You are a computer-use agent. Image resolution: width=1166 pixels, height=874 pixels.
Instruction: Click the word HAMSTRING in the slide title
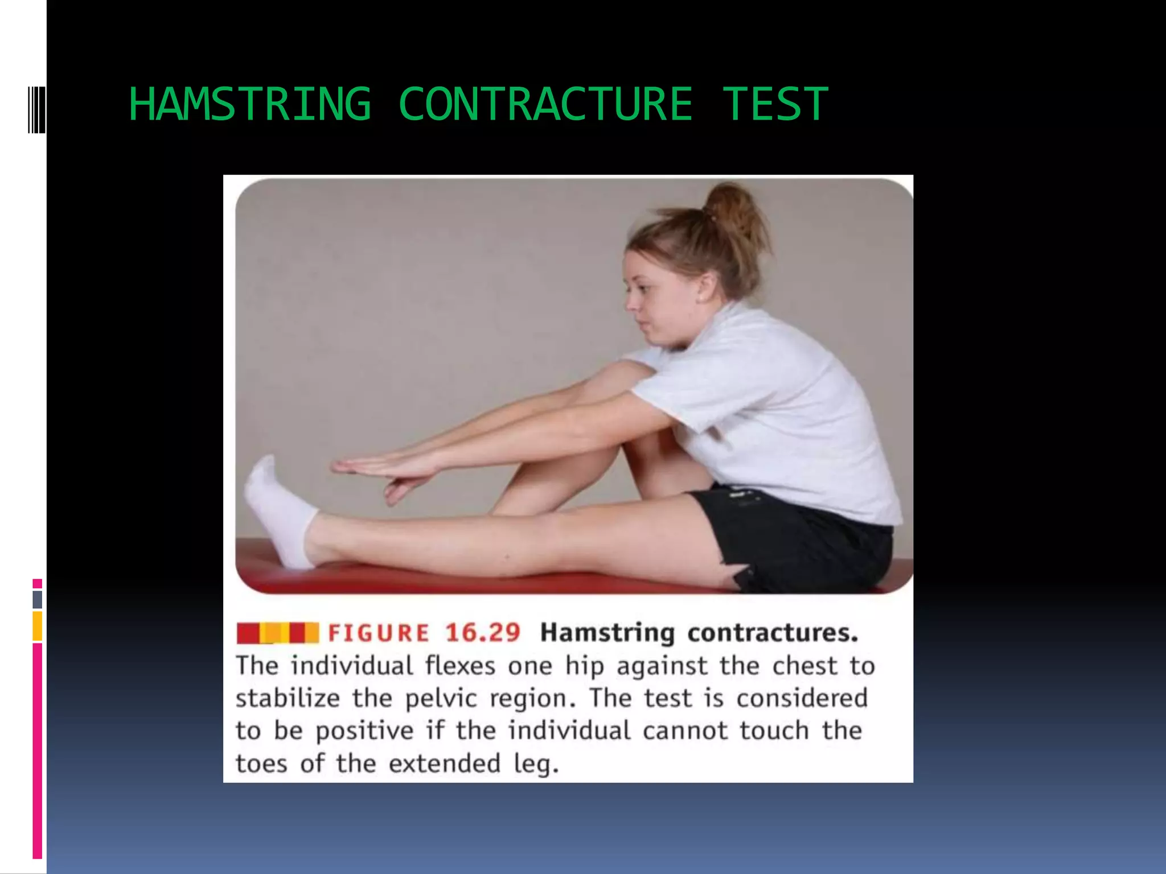click(249, 104)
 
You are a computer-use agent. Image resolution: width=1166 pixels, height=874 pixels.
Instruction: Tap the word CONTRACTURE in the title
click(545, 104)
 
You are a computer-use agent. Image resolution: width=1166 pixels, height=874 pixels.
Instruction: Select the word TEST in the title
click(775, 104)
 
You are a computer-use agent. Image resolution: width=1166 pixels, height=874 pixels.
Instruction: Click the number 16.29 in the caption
click(483, 633)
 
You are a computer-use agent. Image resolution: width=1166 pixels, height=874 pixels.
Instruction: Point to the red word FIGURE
click(379, 633)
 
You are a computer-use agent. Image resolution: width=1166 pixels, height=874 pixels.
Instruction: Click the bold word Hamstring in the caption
click(607, 633)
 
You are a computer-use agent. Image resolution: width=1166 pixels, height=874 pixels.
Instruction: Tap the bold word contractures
click(773, 633)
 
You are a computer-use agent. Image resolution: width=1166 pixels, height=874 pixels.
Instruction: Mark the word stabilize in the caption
click(288, 698)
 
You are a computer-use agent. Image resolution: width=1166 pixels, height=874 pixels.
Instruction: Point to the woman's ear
click(708, 287)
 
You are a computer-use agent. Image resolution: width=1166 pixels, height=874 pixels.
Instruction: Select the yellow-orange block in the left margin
click(38, 626)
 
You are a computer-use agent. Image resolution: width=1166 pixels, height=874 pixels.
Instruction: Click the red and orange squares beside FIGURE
click(278, 633)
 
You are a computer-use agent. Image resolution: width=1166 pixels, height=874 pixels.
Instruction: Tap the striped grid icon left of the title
click(36, 109)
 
